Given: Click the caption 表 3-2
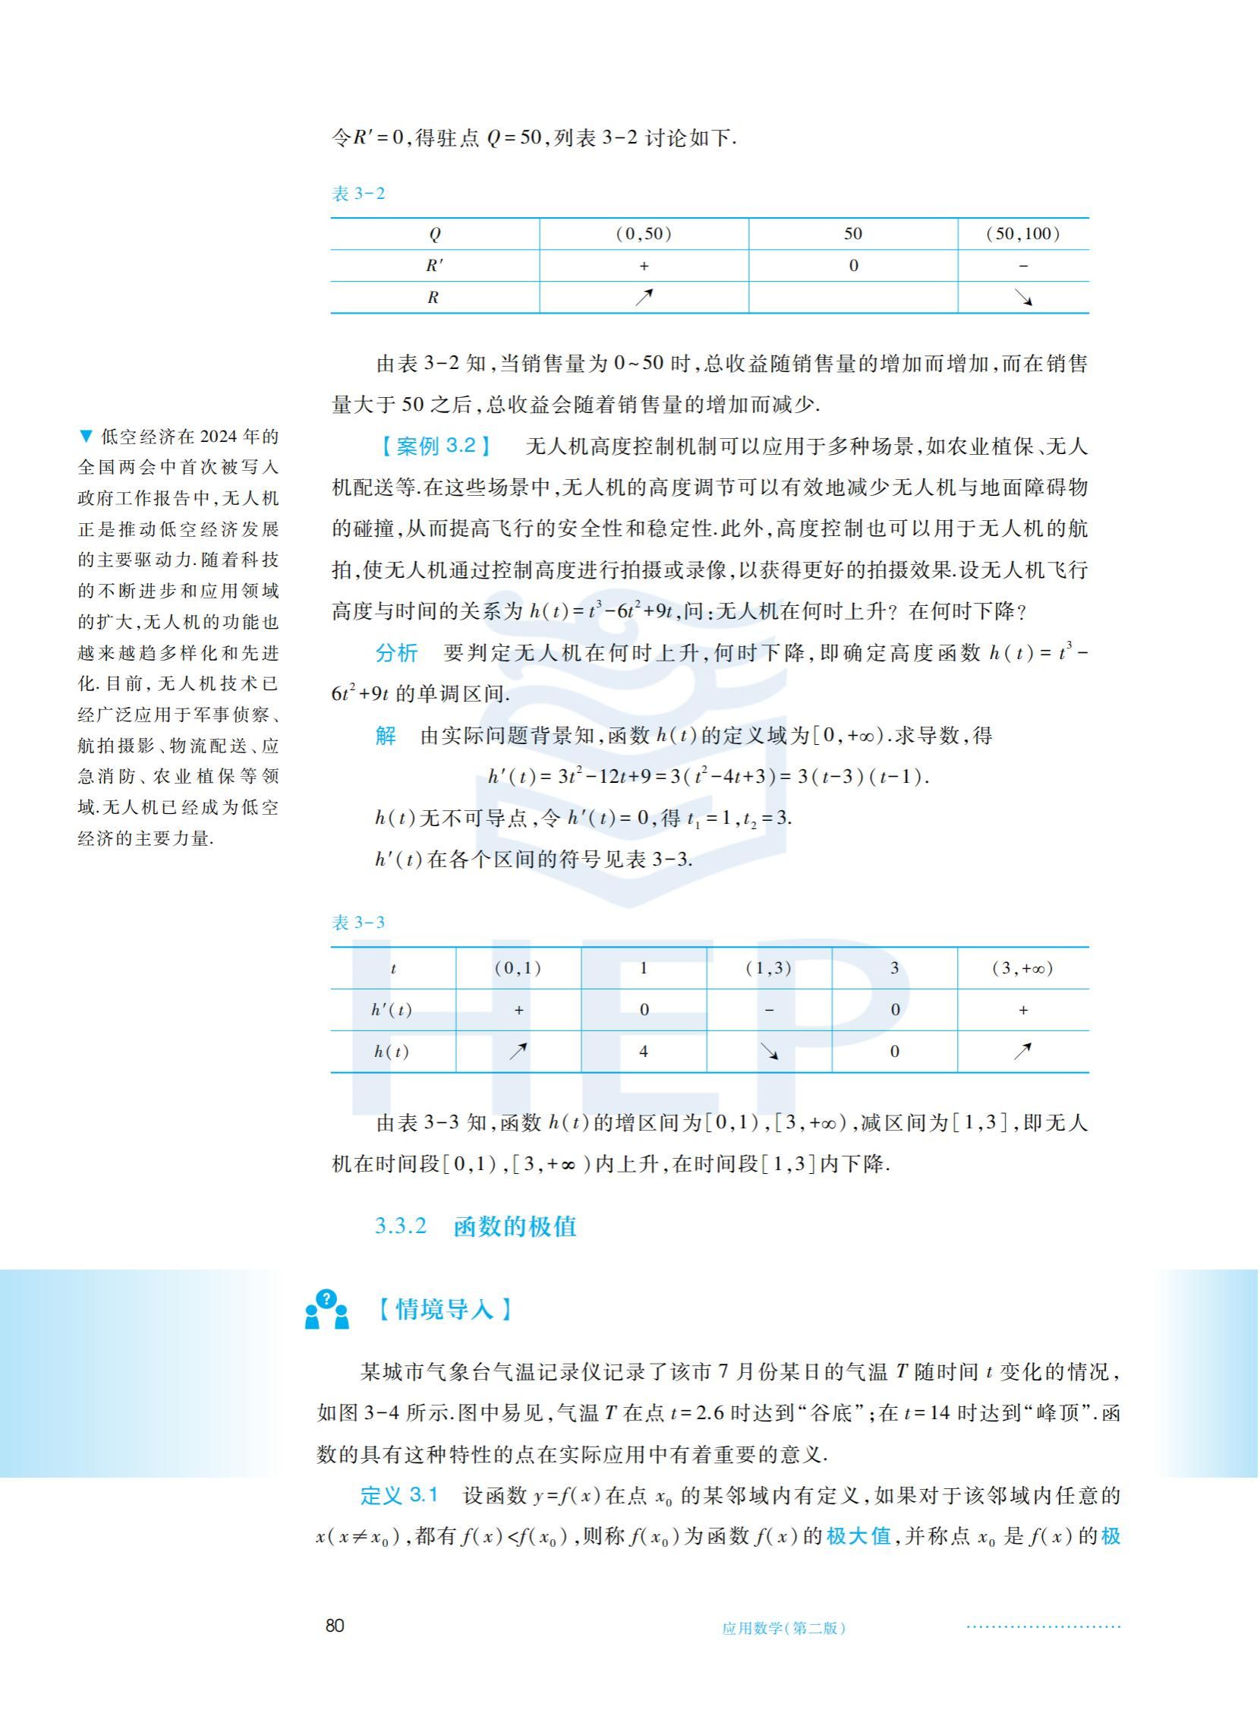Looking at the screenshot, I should point(358,194).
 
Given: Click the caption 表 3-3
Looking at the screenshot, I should point(358,923).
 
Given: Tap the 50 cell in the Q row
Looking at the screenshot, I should point(852,235).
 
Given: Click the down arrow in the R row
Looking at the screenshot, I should point(1023,298).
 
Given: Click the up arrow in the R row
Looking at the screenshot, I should point(644,298).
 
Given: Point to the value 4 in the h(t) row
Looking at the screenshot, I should point(644,1052).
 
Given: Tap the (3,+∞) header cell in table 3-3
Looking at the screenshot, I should point(1022,968).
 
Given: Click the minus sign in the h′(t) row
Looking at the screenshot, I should point(769,1010).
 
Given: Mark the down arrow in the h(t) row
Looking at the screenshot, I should point(770,1052).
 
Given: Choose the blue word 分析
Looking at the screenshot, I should point(397,653).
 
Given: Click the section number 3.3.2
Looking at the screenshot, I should point(401,1226).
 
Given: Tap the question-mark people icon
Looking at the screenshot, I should point(326,1309).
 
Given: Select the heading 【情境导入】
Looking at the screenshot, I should point(445,1309).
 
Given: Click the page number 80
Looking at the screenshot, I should point(335,1625).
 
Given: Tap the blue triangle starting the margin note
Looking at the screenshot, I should point(85,437).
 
